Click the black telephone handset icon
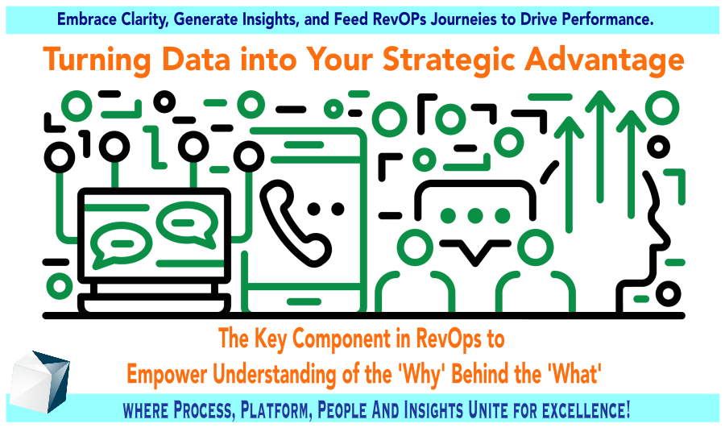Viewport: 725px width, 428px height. point(295,224)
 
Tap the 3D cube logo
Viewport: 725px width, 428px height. point(39,382)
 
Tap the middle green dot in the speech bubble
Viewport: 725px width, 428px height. point(474,216)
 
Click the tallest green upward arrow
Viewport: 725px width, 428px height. point(599,147)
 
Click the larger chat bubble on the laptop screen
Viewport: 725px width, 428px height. point(121,245)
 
